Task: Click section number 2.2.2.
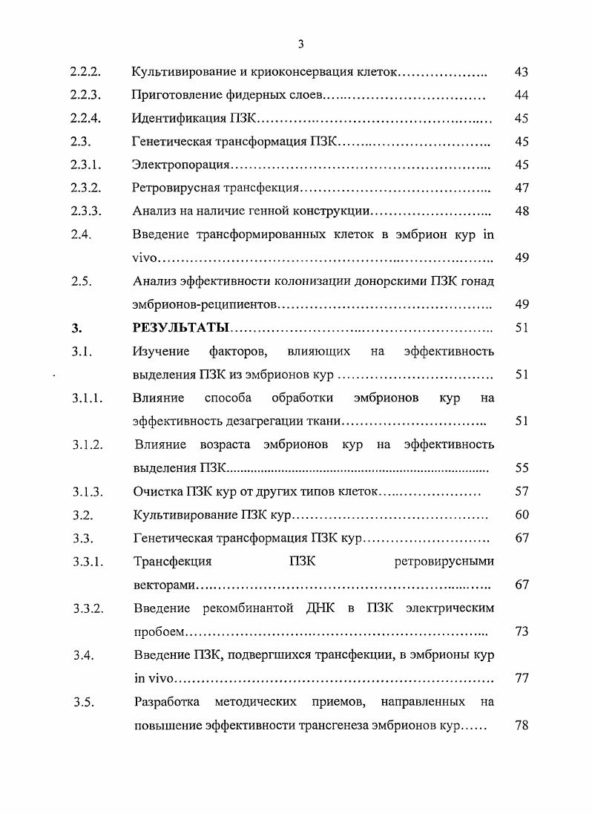(85, 73)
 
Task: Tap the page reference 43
(521, 73)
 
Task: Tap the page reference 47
(521, 188)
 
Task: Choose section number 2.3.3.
(85, 211)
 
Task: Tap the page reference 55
(521, 468)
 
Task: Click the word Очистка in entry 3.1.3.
(157, 491)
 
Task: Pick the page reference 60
(521, 514)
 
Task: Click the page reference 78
(521, 724)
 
